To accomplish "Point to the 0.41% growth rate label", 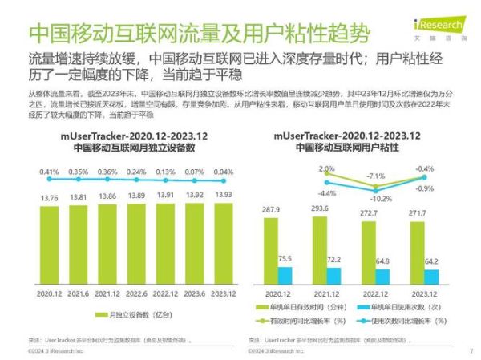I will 48,172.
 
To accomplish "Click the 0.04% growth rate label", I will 224,172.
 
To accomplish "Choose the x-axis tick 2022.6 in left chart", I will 136,293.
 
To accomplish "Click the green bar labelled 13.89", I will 136,248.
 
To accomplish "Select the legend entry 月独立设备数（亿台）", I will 136,315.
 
